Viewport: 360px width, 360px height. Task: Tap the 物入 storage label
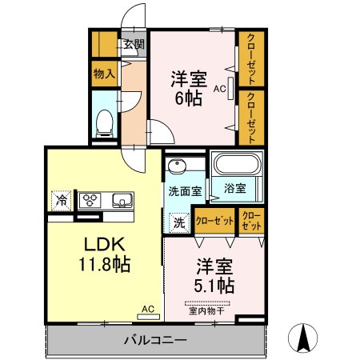click(x=104, y=74)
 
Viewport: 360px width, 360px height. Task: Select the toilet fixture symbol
click(x=103, y=121)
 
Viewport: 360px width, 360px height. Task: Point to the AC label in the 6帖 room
click(x=218, y=90)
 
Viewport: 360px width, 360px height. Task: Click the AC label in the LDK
click(x=148, y=307)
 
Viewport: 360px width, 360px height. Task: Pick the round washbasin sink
click(x=177, y=166)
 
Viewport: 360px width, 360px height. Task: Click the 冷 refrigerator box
click(x=60, y=199)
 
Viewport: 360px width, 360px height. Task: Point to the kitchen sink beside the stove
click(x=122, y=200)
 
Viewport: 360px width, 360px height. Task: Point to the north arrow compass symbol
click(x=304, y=336)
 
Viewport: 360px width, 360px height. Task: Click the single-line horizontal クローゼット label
click(x=214, y=220)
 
